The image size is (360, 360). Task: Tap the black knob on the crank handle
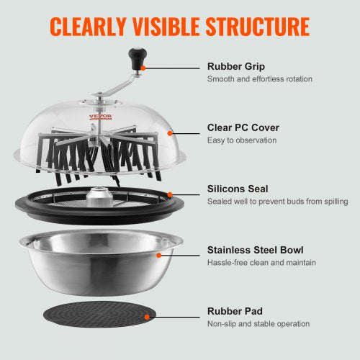coord(135,55)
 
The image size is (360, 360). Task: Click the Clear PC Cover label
coord(243,127)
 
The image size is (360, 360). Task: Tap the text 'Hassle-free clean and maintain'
coord(261,263)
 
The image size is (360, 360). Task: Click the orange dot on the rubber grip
coord(143,66)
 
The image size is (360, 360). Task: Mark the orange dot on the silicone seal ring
coord(171,194)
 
